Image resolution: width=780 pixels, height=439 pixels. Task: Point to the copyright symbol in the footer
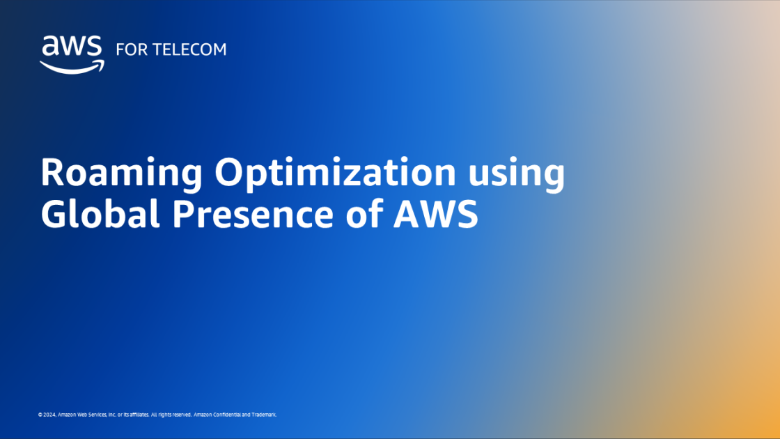click(40, 415)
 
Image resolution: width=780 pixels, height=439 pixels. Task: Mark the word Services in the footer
click(98, 415)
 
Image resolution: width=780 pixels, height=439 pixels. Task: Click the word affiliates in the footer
click(138, 415)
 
